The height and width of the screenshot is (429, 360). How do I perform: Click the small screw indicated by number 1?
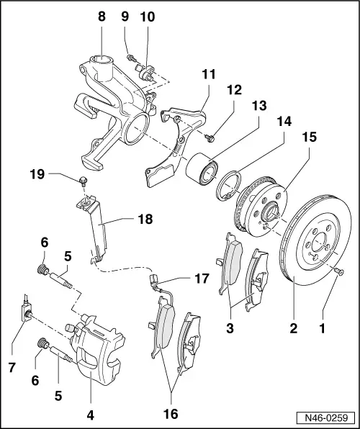339,271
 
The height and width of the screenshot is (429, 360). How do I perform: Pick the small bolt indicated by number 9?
130,58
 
